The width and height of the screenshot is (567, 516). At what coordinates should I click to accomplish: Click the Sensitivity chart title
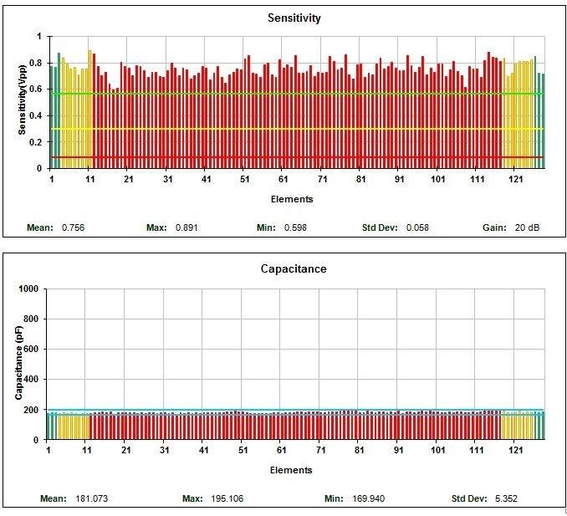point(294,18)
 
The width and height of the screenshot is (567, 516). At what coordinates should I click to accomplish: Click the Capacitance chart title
point(293,269)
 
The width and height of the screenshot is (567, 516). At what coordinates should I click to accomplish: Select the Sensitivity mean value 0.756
point(74,227)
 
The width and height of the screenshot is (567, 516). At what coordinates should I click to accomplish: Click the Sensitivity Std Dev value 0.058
point(417,227)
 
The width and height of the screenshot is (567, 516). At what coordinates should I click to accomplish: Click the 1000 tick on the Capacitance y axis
point(29,289)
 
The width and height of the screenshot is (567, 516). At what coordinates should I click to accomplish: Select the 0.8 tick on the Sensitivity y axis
point(34,64)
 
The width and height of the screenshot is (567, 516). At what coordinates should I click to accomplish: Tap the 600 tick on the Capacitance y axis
point(32,350)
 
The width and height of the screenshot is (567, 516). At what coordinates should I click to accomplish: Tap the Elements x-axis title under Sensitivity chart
point(292,199)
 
